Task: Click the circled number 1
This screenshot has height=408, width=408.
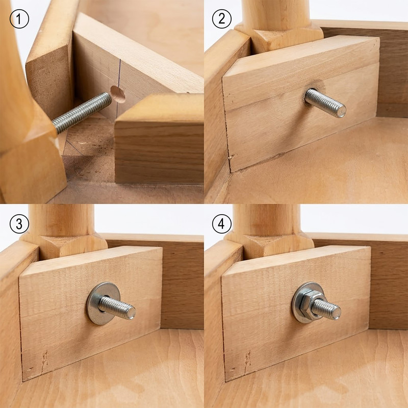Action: [x=19, y=19]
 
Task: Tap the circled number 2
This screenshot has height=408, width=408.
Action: [x=222, y=19]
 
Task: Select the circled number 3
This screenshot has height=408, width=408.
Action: [x=19, y=224]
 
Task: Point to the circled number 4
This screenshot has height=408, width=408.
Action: [x=222, y=224]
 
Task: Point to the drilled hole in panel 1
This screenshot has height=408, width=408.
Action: [x=118, y=94]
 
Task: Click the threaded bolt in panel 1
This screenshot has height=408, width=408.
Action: [x=82, y=113]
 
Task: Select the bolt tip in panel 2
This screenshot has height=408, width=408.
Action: [x=340, y=111]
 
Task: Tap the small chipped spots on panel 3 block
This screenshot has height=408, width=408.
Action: [x=45, y=361]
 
